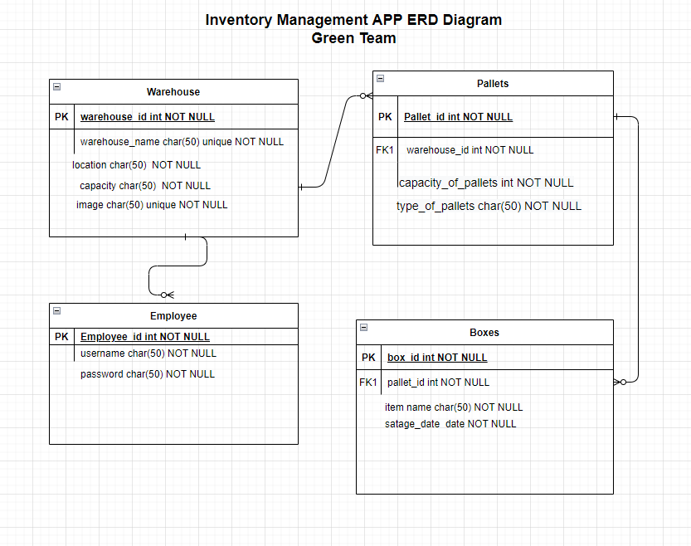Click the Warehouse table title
(x=173, y=92)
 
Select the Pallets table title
(x=493, y=84)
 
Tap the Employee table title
(x=173, y=316)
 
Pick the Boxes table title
(x=484, y=333)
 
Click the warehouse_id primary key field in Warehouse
(x=147, y=117)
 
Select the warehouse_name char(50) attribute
(x=182, y=142)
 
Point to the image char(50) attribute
(x=152, y=205)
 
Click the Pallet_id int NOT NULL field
(x=458, y=117)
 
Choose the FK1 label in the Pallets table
(x=385, y=150)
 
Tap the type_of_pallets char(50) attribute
(x=489, y=206)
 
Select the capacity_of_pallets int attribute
(x=485, y=183)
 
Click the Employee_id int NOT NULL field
(x=144, y=337)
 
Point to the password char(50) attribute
(x=148, y=374)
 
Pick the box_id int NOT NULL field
(x=437, y=358)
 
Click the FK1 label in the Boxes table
(x=368, y=383)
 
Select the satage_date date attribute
(x=450, y=424)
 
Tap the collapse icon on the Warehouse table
(x=56, y=86)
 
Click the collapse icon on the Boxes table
(x=363, y=327)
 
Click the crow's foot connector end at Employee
(x=167, y=295)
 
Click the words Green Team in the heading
(x=353, y=38)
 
